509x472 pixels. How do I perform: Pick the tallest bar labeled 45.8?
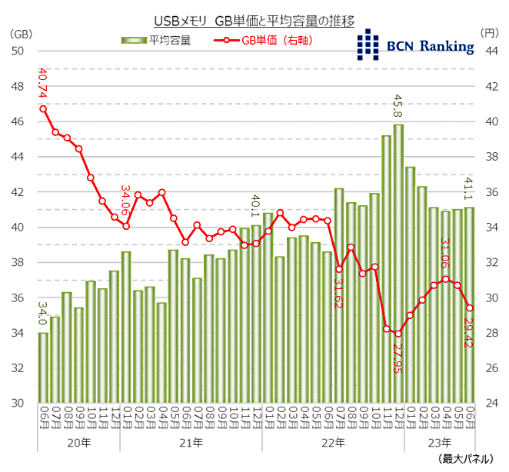coord(398,261)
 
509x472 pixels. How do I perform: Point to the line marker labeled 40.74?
coord(43,108)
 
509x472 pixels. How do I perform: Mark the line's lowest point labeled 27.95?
coord(398,334)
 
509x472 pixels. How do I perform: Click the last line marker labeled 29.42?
coord(469,307)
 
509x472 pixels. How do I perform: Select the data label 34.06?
coord(126,201)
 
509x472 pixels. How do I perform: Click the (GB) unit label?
coord(20,32)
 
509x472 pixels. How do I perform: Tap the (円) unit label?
coord(490,32)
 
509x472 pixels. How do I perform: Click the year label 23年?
coord(440,443)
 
